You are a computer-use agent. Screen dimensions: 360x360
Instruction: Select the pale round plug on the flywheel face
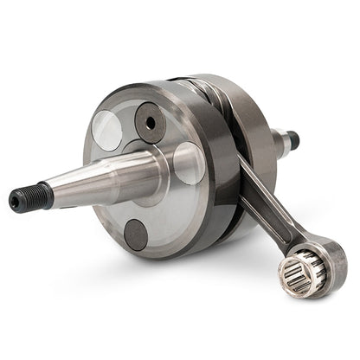107,131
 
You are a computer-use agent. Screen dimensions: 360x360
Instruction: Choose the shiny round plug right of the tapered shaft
189,163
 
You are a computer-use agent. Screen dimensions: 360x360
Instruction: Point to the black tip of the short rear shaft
292,138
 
